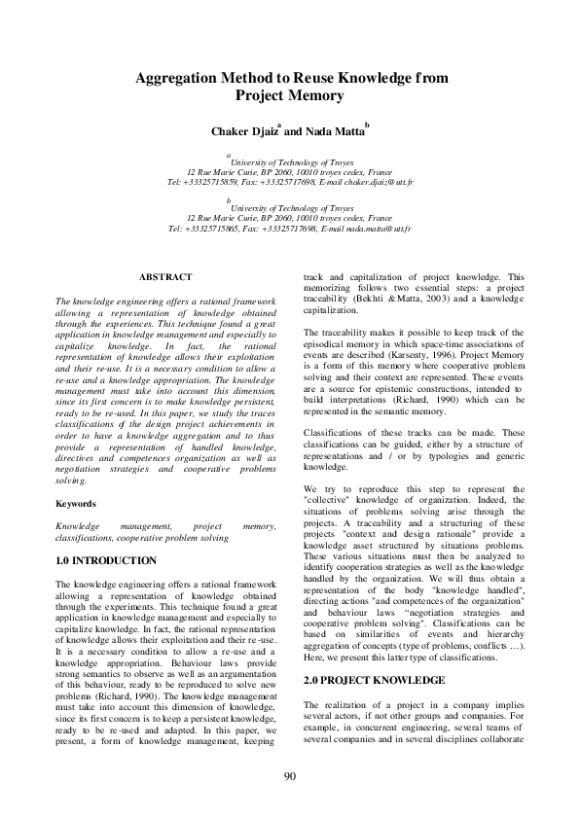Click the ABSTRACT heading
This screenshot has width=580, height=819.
[165, 277]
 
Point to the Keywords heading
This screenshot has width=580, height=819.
[75, 504]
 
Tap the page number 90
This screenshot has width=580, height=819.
[290, 775]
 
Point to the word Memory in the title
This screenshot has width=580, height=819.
[317, 95]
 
